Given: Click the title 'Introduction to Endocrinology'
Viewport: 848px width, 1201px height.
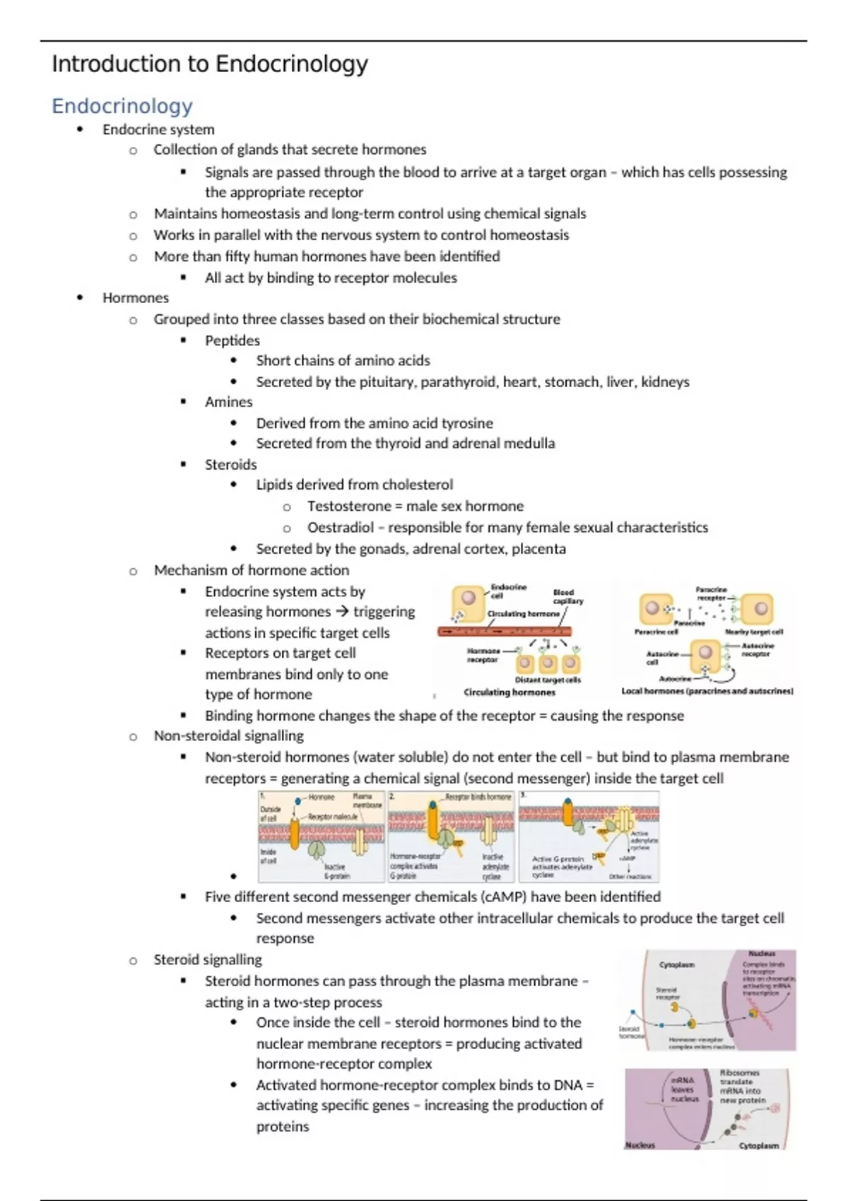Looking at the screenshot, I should [x=209, y=64].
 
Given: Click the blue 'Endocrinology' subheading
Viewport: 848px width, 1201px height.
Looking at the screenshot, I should [x=122, y=106].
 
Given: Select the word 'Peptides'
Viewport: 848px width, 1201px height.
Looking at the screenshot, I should [x=232, y=341].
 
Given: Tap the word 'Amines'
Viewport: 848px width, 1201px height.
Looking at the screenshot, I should [x=228, y=402].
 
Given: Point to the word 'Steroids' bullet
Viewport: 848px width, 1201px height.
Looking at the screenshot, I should [x=230, y=465].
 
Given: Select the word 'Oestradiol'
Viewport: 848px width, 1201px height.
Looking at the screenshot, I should [x=340, y=528].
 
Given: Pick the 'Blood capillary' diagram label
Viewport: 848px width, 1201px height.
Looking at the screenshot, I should [x=567, y=597].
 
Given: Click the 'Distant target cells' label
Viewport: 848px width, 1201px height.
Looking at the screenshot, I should [x=548, y=680].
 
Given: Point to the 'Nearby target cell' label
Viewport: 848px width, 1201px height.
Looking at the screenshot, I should [x=753, y=632].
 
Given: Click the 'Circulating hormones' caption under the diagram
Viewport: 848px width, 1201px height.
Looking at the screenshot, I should [x=510, y=692].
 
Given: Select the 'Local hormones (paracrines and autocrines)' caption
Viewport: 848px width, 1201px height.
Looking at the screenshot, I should [x=707, y=691].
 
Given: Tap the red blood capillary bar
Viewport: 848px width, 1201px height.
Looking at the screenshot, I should [x=504, y=632].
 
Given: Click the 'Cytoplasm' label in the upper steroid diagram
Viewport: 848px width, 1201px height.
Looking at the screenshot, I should [x=676, y=964].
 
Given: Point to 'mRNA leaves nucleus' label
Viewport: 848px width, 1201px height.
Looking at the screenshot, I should [x=683, y=1089].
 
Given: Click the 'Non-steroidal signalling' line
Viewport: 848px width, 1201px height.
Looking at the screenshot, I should [x=228, y=736].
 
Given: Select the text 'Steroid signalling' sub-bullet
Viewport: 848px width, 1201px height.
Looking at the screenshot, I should [x=208, y=960].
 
